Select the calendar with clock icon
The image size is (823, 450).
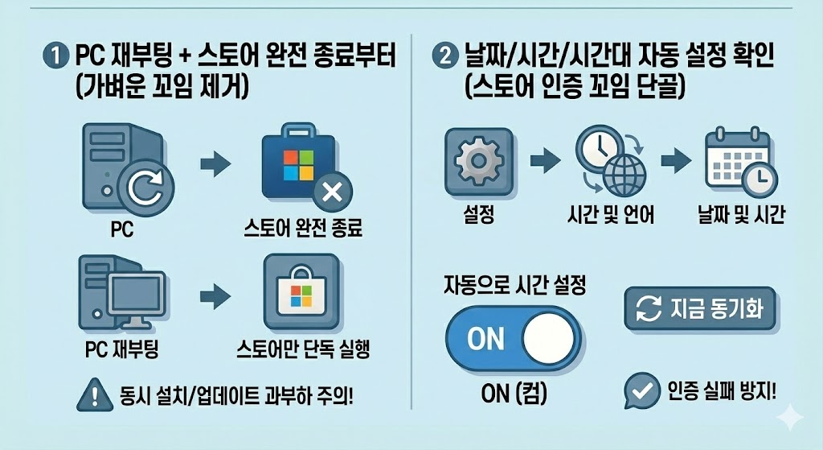click(737, 163)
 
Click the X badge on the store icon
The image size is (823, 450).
click(331, 192)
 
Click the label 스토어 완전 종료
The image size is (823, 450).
click(303, 230)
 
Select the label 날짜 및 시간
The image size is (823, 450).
click(741, 216)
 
